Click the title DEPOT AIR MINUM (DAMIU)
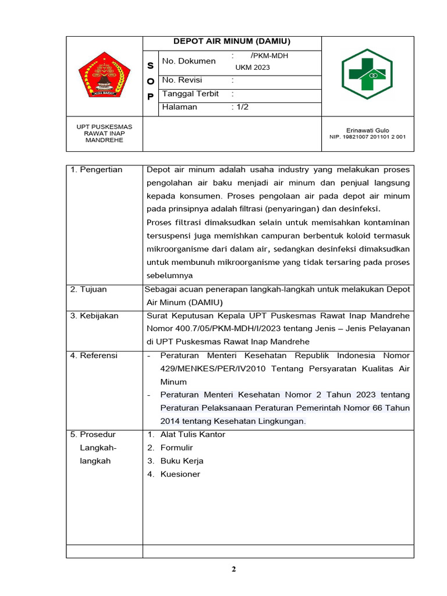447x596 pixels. (232, 41)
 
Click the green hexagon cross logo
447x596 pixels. (367, 73)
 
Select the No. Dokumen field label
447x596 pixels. (189, 61)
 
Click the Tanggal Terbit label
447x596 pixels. (190, 94)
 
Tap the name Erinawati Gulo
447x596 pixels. (367, 130)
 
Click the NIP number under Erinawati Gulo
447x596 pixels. (367, 137)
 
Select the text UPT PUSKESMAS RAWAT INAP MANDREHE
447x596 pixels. (104, 133)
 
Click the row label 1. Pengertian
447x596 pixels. (97, 170)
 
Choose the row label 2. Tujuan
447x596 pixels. (88, 289)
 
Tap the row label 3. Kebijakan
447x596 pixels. (94, 315)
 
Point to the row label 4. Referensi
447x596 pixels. (94, 355)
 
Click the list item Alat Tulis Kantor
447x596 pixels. (193, 435)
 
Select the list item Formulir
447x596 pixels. (176, 448)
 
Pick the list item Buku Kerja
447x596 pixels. (182, 461)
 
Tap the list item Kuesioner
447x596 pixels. (180, 474)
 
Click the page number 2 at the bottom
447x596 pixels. (233, 569)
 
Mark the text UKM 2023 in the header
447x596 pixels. (253, 68)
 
